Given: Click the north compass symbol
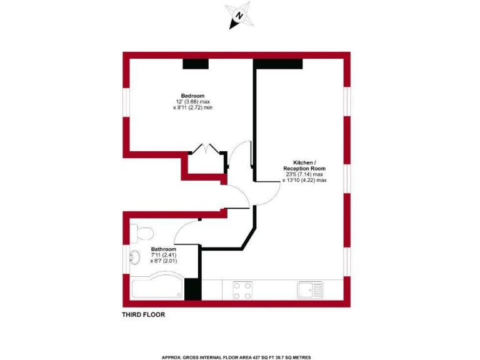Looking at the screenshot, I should [240, 16].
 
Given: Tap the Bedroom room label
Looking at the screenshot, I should [192, 96].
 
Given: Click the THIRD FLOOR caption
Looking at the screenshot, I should [143, 315].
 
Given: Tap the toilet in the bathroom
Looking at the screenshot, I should [143, 234].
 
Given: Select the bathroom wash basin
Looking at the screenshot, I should [134, 257].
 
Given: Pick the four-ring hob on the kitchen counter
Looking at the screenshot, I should [242, 289].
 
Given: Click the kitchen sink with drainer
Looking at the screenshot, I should [310, 289].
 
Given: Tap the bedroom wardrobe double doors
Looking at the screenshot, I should [206, 149].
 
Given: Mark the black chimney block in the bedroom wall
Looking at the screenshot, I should [195, 63].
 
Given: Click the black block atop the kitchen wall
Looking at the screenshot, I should [278, 63].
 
